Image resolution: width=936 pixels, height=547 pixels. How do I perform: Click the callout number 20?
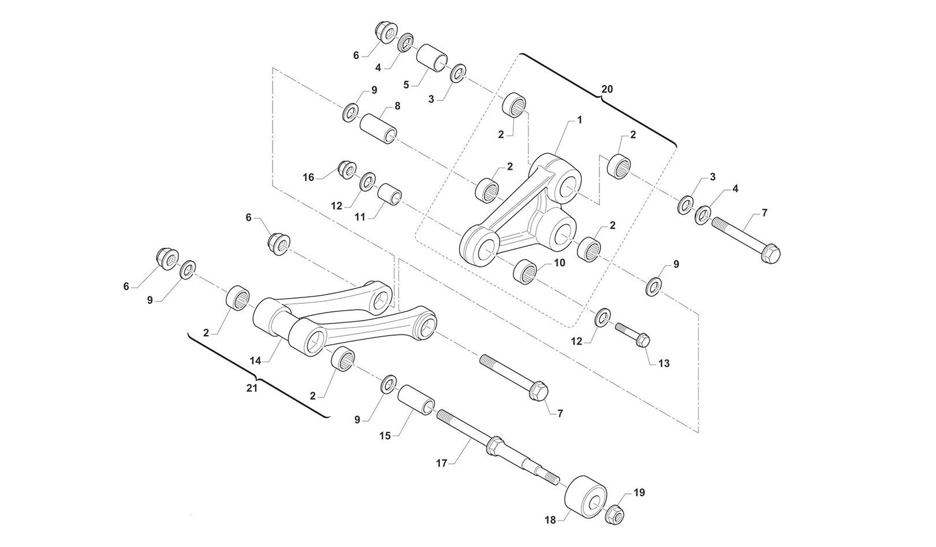pyautogui.click(x=607, y=90)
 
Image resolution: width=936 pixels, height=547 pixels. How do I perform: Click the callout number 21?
pyautogui.click(x=252, y=388)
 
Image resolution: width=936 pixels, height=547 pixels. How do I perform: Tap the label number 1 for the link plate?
pyautogui.click(x=579, y=120)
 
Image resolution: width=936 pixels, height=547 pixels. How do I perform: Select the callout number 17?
pyautogui.click(x=442, y=463)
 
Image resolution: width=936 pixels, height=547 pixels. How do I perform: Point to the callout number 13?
pyautogui.click(x=664, y=363)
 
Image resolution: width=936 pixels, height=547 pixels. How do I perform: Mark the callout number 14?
pyautogui.click(x=256, y=360)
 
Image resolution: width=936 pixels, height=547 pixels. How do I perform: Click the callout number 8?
pyautogui.click(x=397, y=106)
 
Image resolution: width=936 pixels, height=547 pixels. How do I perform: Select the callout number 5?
pyautogui.click(x=407, y=84)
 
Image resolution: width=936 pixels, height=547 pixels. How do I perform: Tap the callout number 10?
pyautogui.click(x=559, y=262)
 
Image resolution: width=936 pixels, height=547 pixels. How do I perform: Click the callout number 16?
pyautogui.click(x=308, y=177)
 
